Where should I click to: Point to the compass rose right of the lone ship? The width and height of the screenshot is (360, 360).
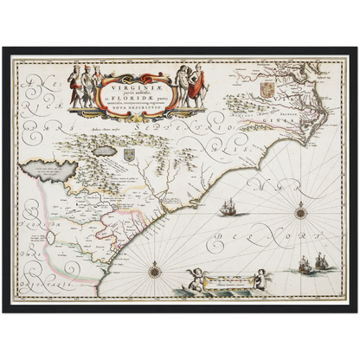300,210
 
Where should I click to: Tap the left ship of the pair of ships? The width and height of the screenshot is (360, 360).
305,265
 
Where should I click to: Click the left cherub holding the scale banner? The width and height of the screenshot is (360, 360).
193,279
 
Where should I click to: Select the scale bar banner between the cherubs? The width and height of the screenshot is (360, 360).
226,279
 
